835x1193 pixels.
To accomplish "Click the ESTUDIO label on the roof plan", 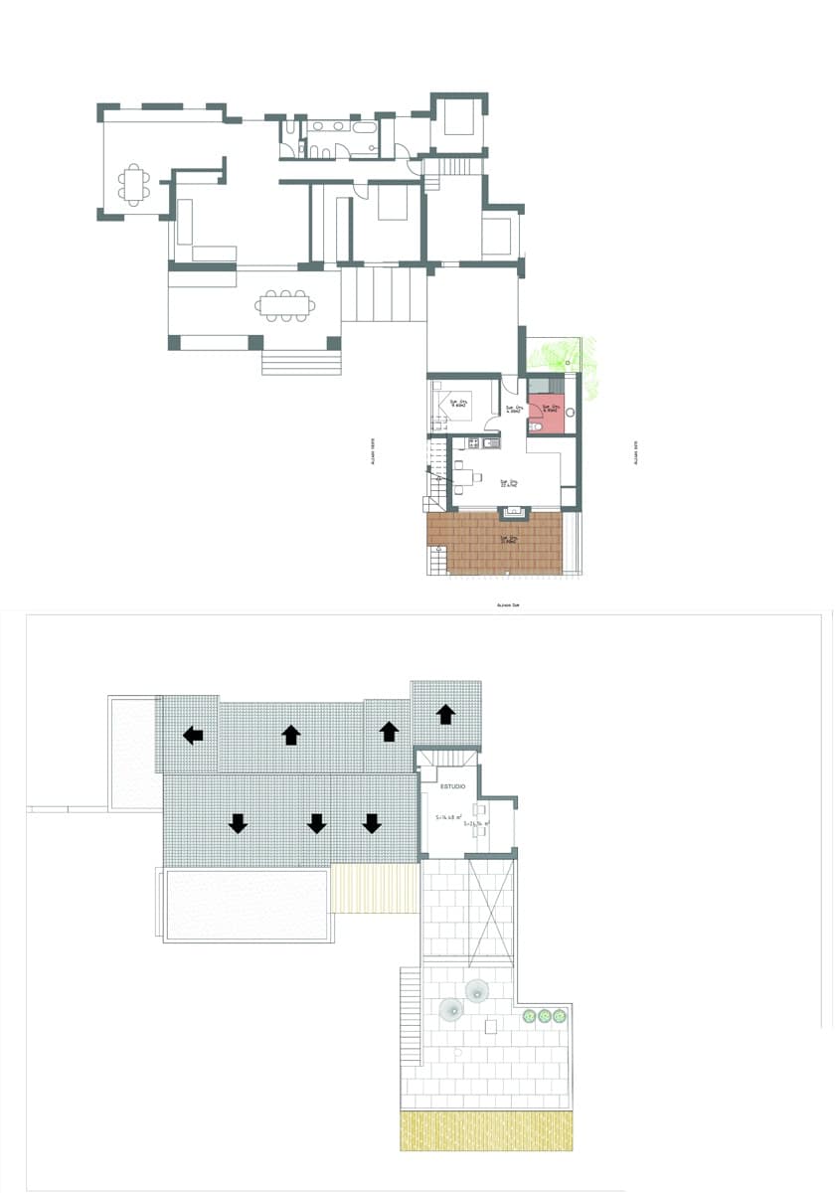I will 453,785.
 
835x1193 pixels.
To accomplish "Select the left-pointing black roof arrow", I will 193,735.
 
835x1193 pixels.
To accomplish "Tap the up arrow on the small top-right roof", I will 446,713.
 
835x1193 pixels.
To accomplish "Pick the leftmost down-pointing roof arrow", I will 238,823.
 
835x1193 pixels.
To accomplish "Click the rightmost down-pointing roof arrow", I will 372,823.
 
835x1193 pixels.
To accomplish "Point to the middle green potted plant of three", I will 545,1015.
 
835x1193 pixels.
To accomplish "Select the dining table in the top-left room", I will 135,184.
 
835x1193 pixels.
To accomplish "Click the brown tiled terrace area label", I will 508,540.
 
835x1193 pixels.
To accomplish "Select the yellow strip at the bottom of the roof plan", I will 486,1131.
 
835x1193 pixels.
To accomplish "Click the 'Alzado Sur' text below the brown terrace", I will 508,603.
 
